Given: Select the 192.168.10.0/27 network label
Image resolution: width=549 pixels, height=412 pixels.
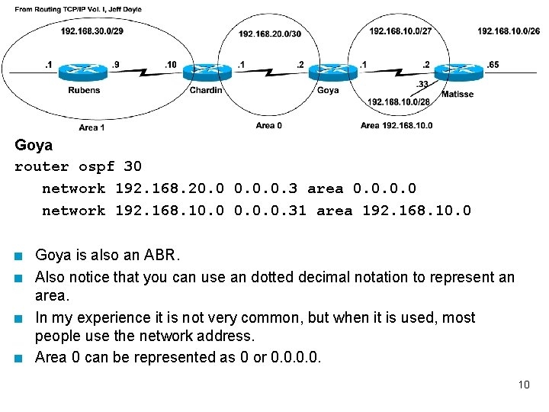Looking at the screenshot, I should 400,31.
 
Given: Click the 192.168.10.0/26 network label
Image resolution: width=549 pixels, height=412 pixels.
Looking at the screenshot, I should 509,31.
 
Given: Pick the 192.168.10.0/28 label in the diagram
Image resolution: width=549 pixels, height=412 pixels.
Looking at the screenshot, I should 398,101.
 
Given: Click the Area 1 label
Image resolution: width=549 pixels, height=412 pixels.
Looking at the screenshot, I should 91,127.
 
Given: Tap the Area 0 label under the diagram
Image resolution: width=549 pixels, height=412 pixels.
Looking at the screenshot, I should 268,125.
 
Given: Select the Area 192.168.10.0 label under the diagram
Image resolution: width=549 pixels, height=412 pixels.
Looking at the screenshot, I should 396,125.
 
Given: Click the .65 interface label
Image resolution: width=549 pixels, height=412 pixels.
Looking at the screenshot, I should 493,65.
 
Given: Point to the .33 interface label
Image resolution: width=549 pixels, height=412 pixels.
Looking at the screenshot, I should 422,84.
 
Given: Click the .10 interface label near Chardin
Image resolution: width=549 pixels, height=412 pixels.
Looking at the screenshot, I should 170,65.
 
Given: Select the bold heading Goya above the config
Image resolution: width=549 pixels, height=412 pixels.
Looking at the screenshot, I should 34,145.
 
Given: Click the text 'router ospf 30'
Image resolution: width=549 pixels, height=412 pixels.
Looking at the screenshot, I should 78,166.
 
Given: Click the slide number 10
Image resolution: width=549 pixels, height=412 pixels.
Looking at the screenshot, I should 523,385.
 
